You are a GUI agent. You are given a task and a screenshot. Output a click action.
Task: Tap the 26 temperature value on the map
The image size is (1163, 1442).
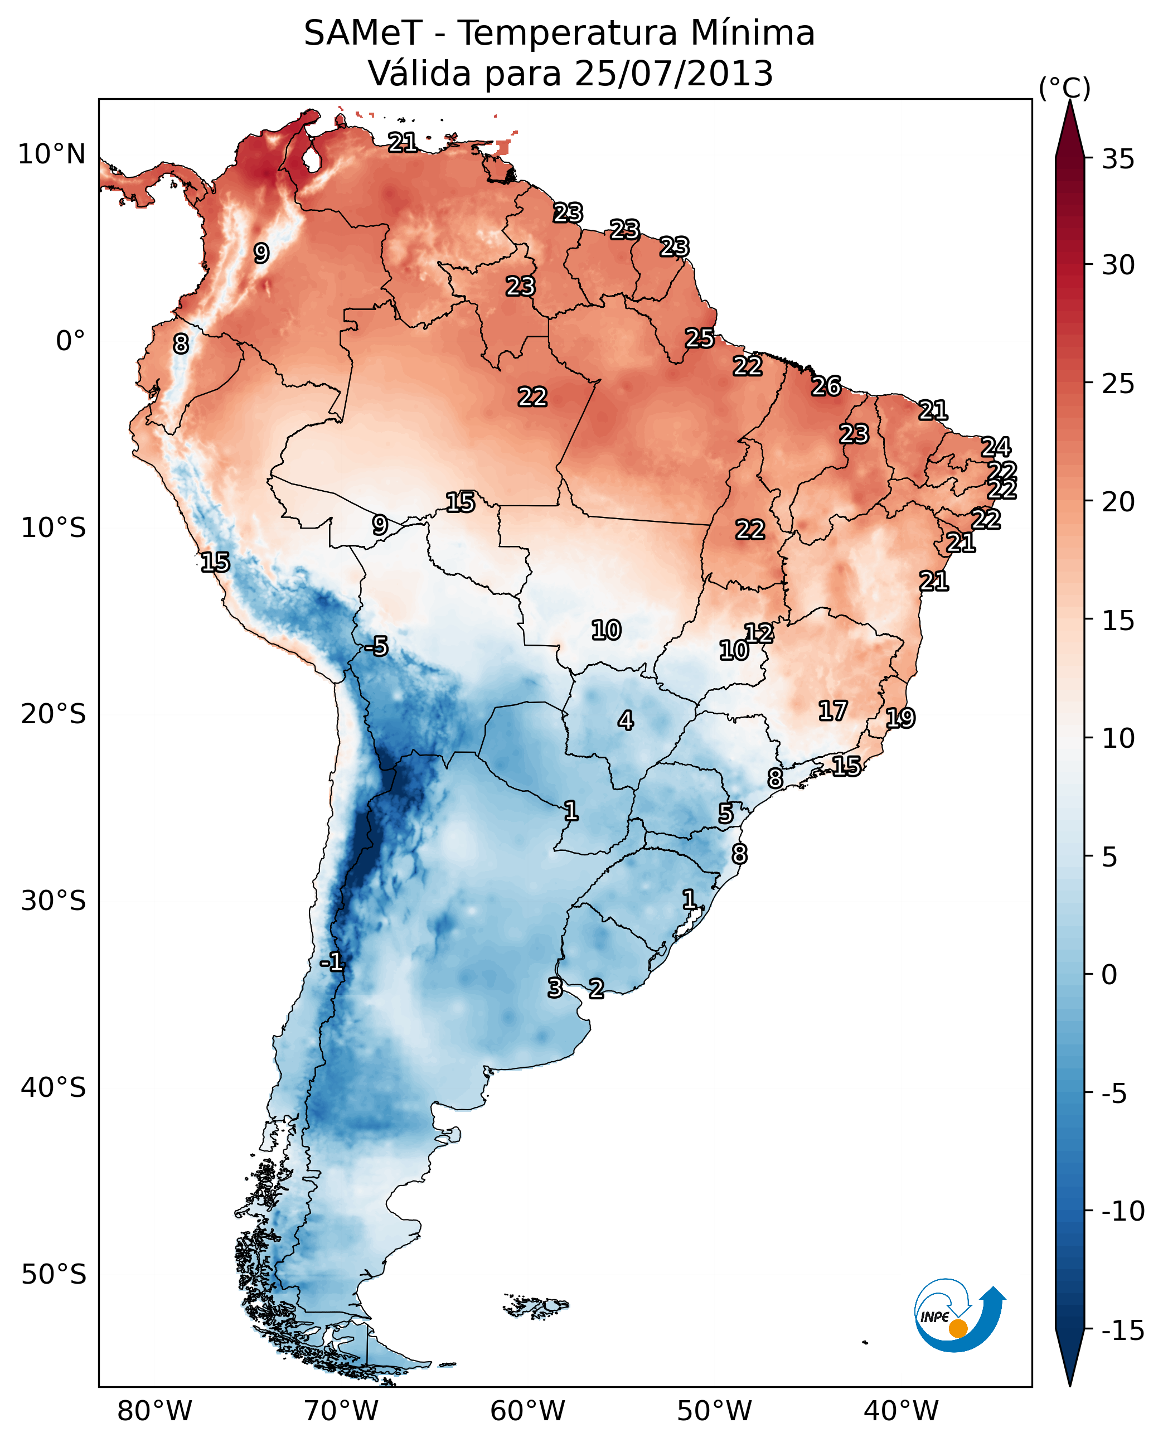click(x=826, y=386)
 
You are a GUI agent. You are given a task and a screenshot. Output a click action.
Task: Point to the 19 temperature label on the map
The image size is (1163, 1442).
click(x=900, y=718)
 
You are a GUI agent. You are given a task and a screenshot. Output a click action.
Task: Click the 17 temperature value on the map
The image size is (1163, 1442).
click(x=833, y=710)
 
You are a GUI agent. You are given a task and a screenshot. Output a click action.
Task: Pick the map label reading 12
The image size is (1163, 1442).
click(x=759, y=632)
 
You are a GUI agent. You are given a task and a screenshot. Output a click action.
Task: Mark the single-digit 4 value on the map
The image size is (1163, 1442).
click(x=625, y=720)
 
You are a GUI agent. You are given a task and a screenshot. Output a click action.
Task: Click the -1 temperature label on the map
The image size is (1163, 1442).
click(x=332, y=963)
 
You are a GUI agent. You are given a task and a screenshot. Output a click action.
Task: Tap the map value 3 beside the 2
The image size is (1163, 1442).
click(x=555, y=988)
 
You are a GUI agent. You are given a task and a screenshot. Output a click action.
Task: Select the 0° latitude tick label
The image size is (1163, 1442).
click(x=70, y=341)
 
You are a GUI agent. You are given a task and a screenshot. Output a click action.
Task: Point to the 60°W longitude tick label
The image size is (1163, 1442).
click(x=527, y=1411)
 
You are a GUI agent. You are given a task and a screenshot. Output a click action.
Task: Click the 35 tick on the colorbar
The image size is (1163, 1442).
click(x=1118, y=159)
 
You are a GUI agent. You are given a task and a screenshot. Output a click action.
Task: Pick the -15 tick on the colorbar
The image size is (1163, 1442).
click(x=1122, y=1331)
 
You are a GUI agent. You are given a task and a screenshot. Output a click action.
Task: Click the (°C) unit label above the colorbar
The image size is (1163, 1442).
click(x=1064, y=88)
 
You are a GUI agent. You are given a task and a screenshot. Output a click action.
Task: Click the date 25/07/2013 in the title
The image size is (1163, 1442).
click(x=673, y=73)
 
